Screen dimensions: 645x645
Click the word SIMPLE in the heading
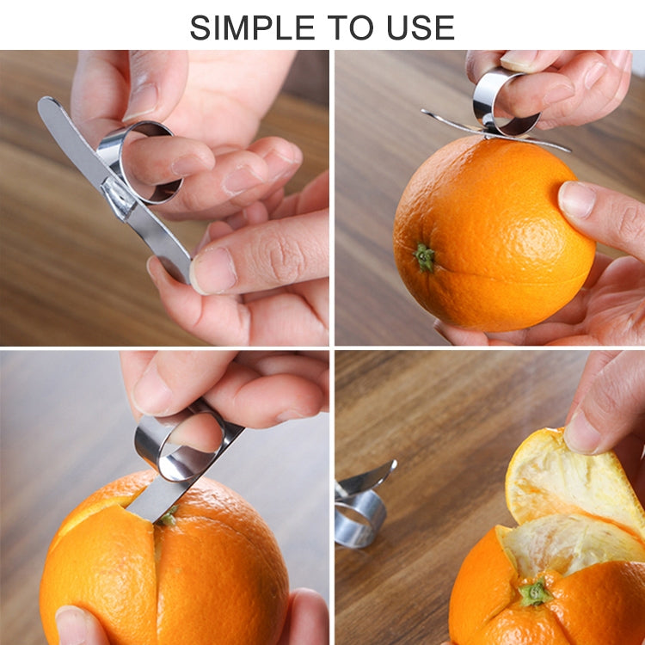tap(255, 28)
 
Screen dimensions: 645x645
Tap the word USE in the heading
tap(418, 28)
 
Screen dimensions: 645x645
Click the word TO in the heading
tap(354, 28)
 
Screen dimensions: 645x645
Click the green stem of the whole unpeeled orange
tap(425, 256)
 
